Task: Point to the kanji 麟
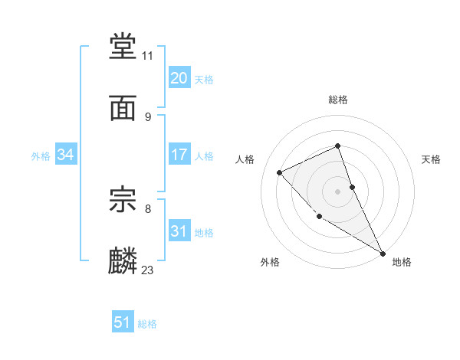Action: [123, 261]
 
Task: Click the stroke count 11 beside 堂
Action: [148, 56]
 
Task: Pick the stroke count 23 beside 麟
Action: [148, 270]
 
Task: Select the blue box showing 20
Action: [179, 78]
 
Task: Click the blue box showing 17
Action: [179, 155]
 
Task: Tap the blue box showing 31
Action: [179, 231]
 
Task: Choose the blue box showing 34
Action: [65, 155]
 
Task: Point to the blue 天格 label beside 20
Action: [204, 80]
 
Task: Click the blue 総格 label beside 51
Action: [147, 324]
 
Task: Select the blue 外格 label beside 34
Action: [41, 156]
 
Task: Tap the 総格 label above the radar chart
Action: [338, 100]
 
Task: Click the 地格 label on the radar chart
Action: [402, 262]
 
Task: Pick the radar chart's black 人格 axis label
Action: [245, 159]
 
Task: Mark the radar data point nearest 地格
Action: [383, 253]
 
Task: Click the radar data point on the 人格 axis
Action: [280, 172]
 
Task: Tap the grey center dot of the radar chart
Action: [338, 191]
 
